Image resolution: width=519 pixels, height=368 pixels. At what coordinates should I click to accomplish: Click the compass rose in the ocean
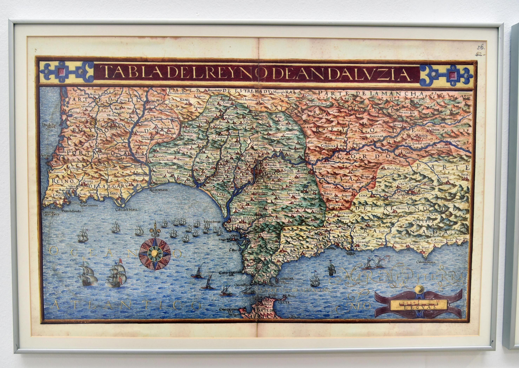(x=155, y=253)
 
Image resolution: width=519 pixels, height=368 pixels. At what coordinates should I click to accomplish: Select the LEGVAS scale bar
(x=419, y=304)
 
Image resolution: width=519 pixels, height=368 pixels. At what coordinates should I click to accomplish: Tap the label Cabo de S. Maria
(x=126, y=209)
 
